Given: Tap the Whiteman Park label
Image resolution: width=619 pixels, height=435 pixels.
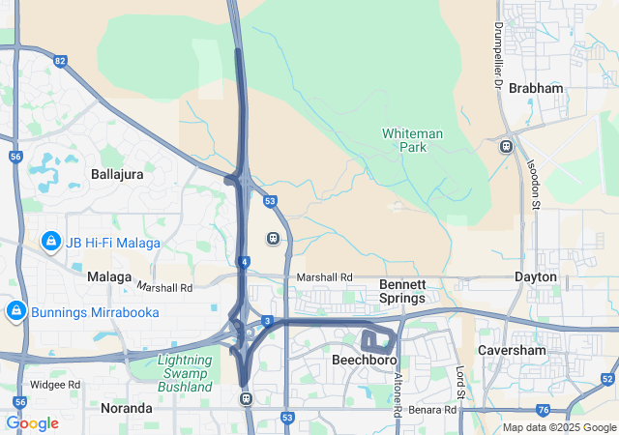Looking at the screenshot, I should coord(412,140).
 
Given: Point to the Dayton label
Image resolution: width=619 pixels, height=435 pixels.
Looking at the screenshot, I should coord(536,276).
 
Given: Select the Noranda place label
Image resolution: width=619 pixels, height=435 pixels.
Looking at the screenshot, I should coord(127,408).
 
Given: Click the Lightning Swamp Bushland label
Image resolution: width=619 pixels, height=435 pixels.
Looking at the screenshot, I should coord(184,373).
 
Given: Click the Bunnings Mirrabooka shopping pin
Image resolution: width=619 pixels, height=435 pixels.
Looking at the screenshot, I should coord(15,310).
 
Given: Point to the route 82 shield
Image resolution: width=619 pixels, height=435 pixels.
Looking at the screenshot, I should coord(61,62).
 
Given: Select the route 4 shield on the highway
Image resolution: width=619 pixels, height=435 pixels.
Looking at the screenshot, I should coord(246,262).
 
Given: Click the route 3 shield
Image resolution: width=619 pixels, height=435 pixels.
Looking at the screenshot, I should coord(266,320).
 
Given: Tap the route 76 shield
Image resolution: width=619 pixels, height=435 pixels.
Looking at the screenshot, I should coord(545,410).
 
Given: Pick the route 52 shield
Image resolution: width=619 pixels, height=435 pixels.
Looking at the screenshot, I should coord(607,378).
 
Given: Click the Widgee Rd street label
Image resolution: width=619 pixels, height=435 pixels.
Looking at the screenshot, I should coord(54,384).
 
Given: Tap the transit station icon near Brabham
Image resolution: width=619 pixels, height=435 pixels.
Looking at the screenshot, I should coord(506,147).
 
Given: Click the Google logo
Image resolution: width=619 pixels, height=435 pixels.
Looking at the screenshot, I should coord(32,423).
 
